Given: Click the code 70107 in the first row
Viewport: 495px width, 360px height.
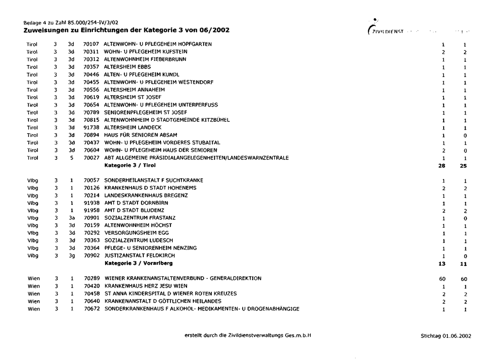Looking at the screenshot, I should coord(90,44).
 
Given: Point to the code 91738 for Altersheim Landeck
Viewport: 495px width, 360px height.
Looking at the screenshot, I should coord(90,127).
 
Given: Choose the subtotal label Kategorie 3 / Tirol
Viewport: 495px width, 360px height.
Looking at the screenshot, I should coord(130,165).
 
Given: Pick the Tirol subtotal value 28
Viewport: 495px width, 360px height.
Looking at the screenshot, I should coord(441,166).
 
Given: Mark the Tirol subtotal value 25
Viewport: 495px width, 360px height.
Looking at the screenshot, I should coord(464,166).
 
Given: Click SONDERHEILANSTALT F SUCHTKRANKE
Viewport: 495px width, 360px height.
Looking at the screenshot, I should coord(154,181).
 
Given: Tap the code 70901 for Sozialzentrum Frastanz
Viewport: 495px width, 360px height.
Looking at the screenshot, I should coord(90,218).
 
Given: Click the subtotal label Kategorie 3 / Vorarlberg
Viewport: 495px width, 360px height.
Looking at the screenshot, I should coord(139,263).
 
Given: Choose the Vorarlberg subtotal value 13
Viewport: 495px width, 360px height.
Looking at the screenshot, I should coord(441,263).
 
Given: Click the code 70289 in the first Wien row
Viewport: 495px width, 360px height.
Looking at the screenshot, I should coord(91,278).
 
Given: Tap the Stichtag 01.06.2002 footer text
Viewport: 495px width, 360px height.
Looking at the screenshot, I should coord(446,336).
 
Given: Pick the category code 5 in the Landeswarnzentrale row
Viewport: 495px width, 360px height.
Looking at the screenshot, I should coord(71,158).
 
